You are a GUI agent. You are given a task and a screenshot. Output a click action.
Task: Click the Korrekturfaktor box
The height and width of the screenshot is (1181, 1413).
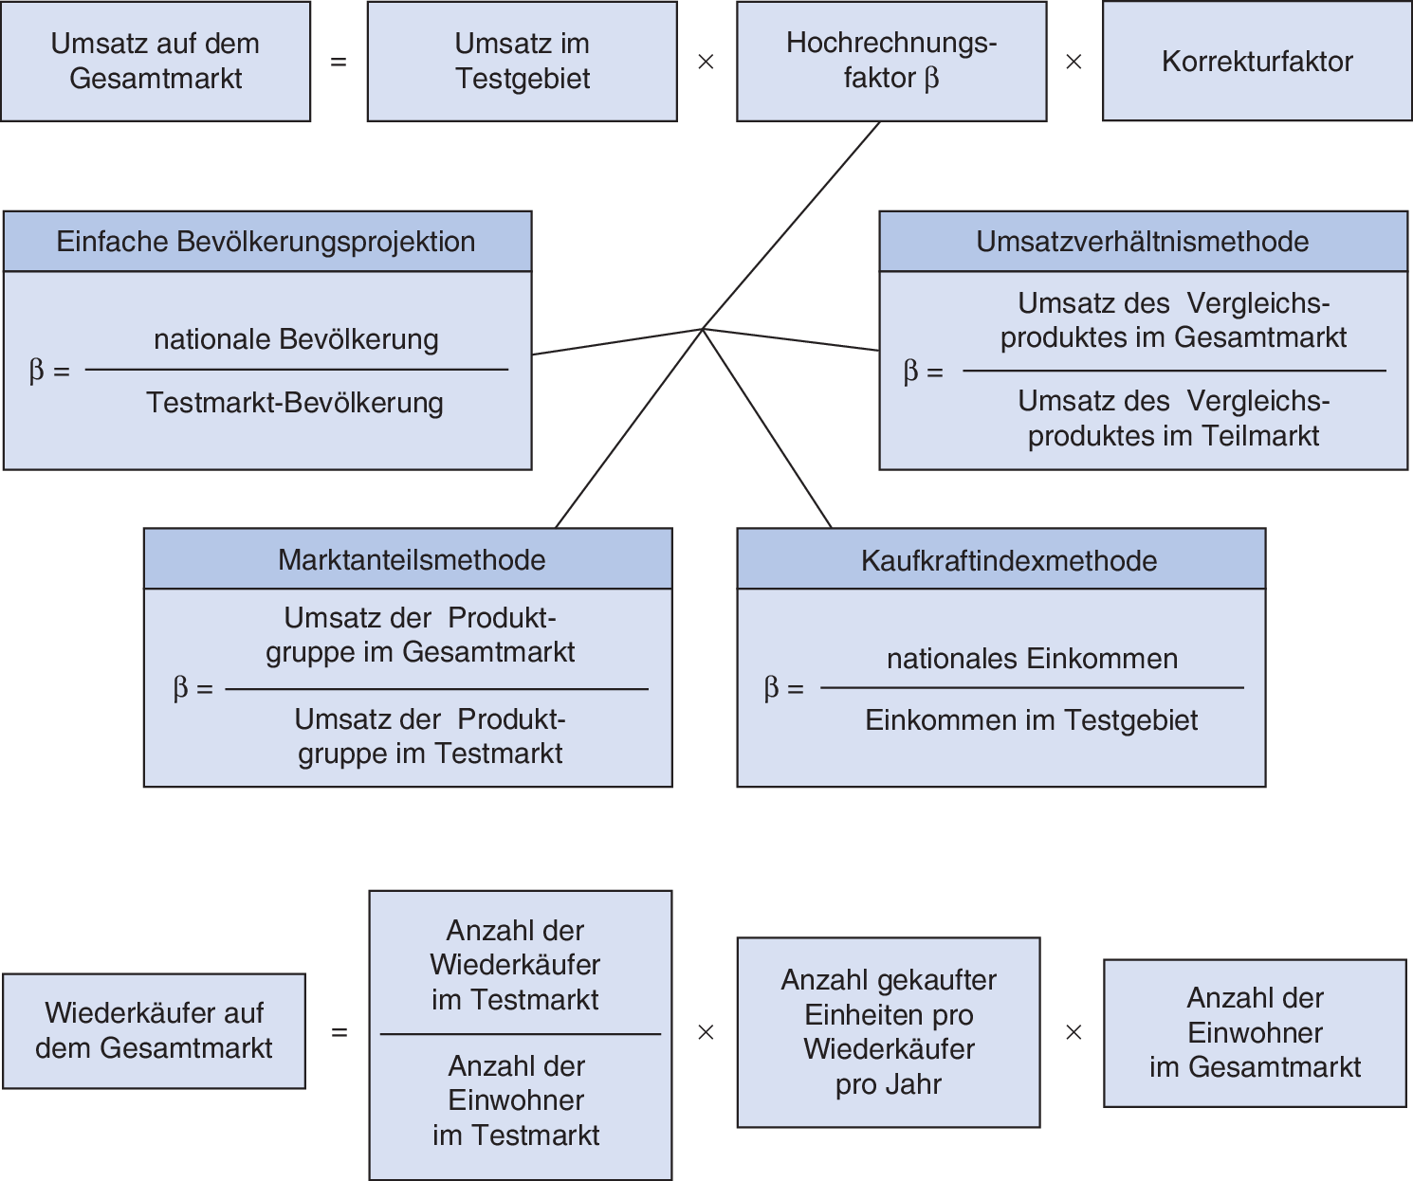point(1257,62)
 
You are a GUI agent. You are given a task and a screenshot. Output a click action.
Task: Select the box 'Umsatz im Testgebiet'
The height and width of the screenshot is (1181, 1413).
point(522,62)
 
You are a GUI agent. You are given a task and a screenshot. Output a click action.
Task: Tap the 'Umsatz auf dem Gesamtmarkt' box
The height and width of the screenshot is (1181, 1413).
point(156,62)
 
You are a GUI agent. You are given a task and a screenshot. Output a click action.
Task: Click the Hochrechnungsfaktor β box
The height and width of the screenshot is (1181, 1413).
point(891,62)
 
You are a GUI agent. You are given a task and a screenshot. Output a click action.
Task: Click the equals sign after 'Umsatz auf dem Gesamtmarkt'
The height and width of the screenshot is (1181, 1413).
point(339,63)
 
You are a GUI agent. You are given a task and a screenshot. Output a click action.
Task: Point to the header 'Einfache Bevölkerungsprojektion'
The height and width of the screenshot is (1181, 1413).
point(266,242)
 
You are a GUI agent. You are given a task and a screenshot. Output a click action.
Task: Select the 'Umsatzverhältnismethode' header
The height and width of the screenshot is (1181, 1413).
point(1143,242)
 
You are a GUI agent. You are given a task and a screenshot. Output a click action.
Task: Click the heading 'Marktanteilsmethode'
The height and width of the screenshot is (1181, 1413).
point(412,560)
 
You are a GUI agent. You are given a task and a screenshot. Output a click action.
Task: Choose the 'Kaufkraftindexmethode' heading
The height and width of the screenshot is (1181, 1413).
point(1009,561)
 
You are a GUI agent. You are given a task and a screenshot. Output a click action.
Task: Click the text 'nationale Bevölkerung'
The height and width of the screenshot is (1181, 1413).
point(296,339)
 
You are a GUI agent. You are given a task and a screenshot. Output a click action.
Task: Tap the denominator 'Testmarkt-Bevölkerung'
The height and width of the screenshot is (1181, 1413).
point(295,403)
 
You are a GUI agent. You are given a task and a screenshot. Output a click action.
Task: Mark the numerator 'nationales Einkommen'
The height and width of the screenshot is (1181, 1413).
point(1032,659)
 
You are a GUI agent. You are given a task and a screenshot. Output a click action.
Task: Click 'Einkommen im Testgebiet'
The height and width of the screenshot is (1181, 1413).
point(1031,720)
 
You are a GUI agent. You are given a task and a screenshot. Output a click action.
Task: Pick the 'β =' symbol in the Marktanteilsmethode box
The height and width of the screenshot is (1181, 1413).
point(193,688)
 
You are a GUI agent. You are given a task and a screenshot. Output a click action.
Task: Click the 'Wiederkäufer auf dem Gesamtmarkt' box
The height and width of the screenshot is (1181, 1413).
point(154,1030)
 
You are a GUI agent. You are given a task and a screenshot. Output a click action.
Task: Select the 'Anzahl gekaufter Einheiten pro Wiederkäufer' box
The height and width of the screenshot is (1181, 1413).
point(889,1032)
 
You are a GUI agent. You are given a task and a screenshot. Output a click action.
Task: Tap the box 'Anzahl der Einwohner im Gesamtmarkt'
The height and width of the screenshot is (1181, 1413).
point(1255,1033)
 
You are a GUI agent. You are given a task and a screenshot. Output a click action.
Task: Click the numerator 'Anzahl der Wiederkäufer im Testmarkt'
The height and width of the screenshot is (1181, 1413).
point(515,965)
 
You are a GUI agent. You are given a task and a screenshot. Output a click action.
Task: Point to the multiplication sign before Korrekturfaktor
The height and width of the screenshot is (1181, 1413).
point(1074,63)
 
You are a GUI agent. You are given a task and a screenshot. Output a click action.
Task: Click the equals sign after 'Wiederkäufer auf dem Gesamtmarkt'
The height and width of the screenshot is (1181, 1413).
point(339,1032)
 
